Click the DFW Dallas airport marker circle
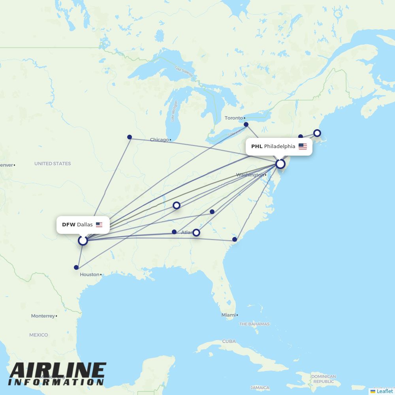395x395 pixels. [83, 240]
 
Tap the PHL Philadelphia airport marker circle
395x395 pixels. [280, 164]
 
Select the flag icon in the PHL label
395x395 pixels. [303, 147]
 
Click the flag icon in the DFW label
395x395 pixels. [99, 225]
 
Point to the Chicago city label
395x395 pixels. [159, 140]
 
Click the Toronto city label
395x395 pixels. [234, 118]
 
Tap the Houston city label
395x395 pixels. [90, 275]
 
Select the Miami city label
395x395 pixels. [228, 315]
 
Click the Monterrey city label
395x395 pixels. [43, 316]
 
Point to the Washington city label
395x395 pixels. [250, 175]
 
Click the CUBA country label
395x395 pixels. [229, 341]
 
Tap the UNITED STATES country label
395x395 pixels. [53, 164]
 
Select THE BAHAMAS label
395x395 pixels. [254, 324]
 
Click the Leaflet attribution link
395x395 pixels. [384, 391]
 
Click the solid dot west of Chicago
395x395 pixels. [130, 137]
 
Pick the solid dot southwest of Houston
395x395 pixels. [76, 267]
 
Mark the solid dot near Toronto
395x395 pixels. [246, 124]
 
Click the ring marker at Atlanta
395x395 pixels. [196, 233]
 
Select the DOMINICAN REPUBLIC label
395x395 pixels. [324, 379]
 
